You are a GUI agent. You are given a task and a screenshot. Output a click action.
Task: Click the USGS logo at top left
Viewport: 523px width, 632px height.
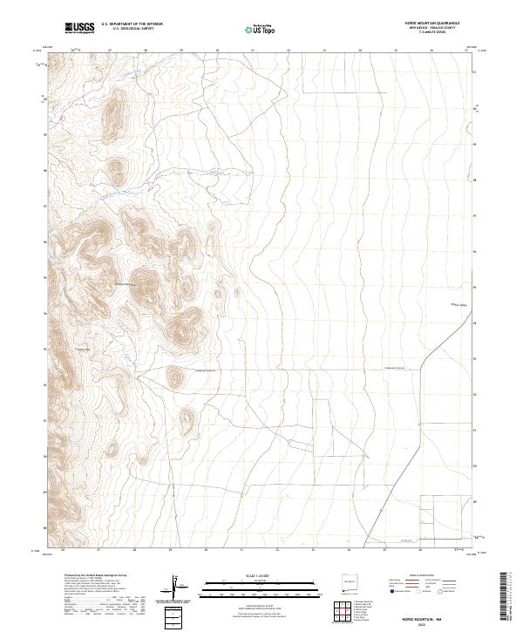click(79, 29)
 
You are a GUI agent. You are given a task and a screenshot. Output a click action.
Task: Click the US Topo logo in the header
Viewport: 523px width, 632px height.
click(259, 30)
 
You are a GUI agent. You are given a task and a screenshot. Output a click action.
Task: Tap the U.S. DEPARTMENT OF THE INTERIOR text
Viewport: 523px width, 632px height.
click(132, 24)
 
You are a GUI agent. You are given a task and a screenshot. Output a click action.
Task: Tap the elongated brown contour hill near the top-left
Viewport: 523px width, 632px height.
click(113, 113)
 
